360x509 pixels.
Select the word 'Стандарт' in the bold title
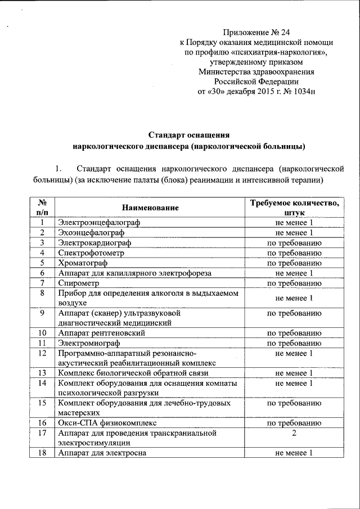point(169,135)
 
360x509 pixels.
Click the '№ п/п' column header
point(42,208)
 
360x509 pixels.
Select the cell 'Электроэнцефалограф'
point(99,223)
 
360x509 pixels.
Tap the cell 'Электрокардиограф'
point(94,243)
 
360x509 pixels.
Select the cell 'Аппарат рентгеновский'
point(102,333)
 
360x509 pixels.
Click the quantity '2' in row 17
point(294,433)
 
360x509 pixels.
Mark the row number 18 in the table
point(42,453)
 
